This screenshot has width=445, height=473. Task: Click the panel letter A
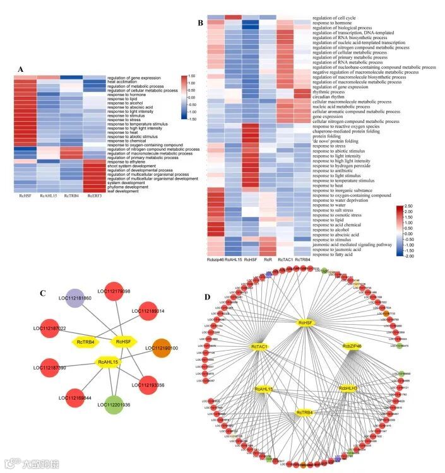[x=20, y=69]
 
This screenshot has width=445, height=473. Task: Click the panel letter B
[x=200, y=23]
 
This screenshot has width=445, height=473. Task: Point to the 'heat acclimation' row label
[x=122, y=82]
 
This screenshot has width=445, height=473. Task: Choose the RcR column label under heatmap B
[x=268, y=259]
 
